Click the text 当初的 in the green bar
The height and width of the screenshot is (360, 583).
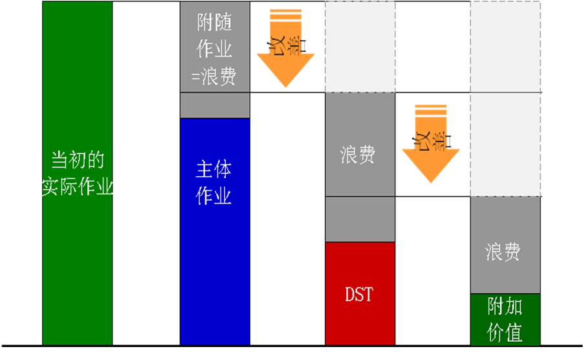(x=78, y=160)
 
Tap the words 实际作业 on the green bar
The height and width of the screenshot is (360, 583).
(x=78, y=188)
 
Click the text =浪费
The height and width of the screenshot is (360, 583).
(x=215, y=77)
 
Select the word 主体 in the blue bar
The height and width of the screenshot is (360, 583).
(x=214, y=170)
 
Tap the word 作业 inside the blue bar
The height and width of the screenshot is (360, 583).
(x=214, y=196)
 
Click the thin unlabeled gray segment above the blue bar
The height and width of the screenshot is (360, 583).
(x=215, y=105)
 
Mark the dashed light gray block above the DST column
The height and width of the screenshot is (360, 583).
(x=360, y=47)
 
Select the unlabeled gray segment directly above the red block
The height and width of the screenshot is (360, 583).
(x=360, y=219)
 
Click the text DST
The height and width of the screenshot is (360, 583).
(x=359, y=295)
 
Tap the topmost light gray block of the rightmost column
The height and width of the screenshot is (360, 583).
(x=505, y=47)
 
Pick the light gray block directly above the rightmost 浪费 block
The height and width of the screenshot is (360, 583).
(x=505, y=144)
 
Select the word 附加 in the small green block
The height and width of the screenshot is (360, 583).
(x=505, y=306)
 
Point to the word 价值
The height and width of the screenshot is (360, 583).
(x=505, y=333)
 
